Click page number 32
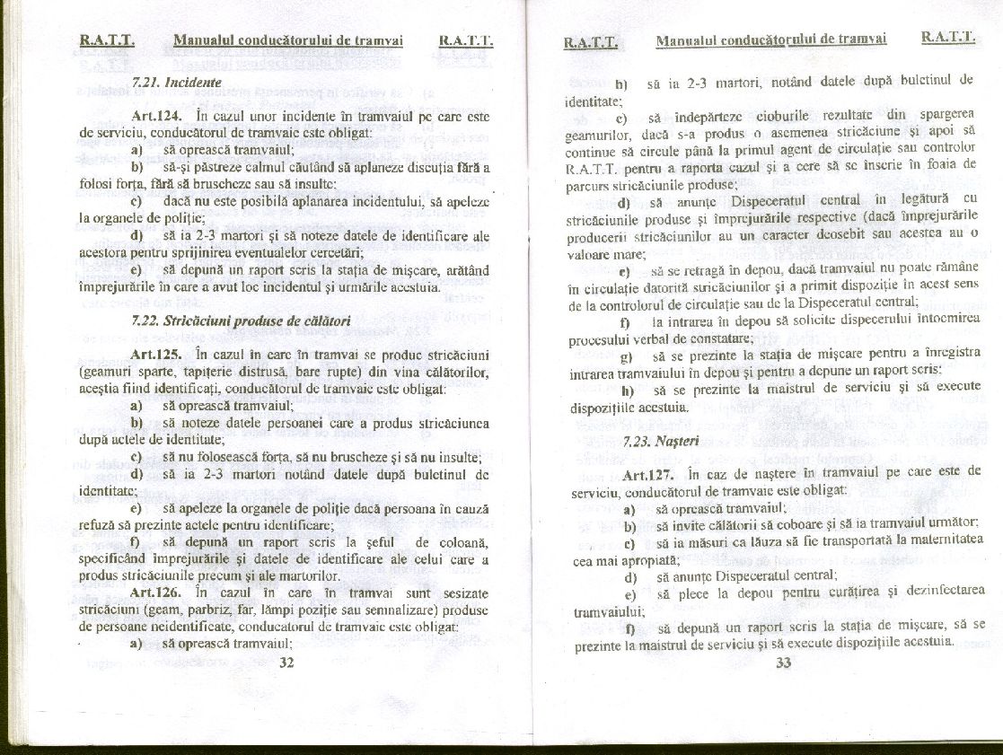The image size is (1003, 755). click(x=287, y=663)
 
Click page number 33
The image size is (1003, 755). click(x=783, y=663)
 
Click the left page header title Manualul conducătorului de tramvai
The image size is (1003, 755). click(x=287, y=41)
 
